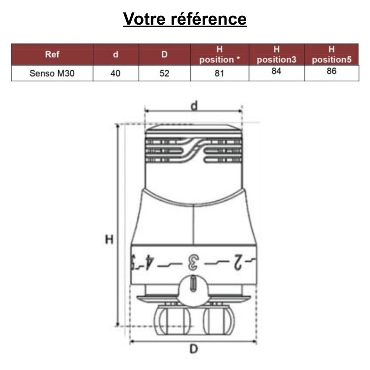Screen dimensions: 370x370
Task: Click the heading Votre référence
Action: [185, 19]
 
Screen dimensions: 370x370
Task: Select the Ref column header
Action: [52, 54]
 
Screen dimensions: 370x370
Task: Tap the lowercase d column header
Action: [115, 54]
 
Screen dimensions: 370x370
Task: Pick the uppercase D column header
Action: [165, 54]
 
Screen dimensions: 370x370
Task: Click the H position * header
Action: [220, 54]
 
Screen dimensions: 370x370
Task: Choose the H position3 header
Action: [277, 54]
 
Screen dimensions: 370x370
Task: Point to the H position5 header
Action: [332, 54]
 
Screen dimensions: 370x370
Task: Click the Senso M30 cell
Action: [52, 74]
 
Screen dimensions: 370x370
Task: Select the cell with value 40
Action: [115, 74]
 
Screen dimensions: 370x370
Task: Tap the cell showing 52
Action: [165, 74]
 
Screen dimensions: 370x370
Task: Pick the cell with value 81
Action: [220, 74]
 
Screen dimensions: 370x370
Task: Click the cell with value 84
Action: [277, 71]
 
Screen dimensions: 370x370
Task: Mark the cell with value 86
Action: [332, 71]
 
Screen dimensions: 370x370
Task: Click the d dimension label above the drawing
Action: [194, 105]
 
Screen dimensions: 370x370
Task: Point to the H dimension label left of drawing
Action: [109, 240]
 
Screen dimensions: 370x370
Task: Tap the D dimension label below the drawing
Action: [194, 349]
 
